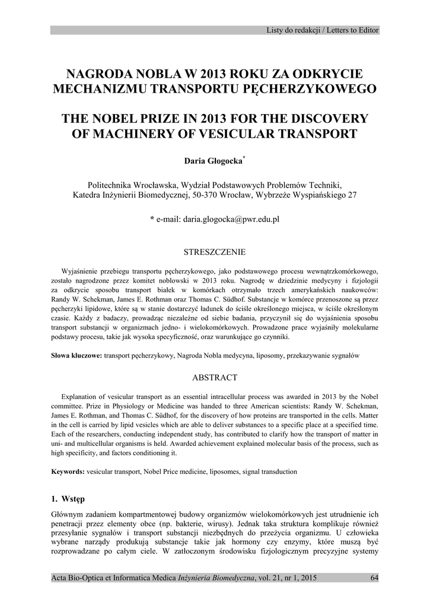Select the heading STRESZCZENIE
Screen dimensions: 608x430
tap(215, 252)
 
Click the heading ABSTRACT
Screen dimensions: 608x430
tap(215, 378)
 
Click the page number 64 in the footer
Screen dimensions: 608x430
tap(374, 578)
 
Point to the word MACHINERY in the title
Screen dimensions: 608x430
tap(126, 134)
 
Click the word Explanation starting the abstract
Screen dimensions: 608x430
tap(82, 396)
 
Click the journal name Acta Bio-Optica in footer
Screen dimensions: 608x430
tap(77, 578)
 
